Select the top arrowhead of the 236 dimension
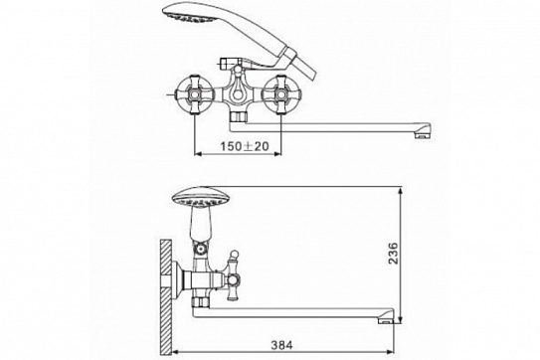pyautogui.click(x=402, y=189)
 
